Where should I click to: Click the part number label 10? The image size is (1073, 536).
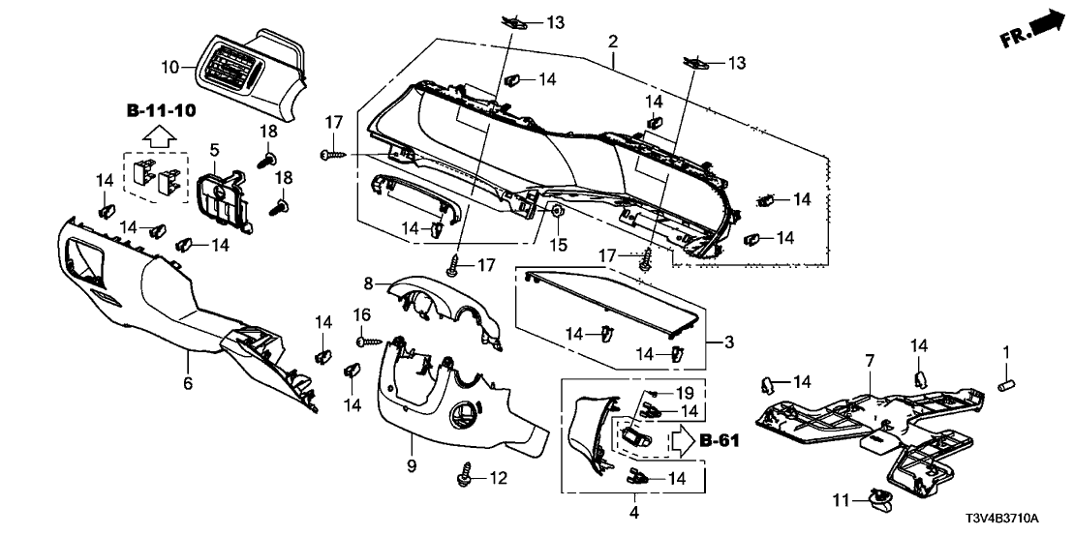tap(169, 67)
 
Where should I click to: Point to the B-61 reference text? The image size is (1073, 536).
tap(720, 441)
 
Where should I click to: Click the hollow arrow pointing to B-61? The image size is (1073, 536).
tap(683, 440)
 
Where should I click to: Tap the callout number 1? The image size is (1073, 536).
tap(1006, 349)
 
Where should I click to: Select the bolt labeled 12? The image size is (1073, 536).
tap(466, 477)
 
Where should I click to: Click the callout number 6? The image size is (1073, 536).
tap(189, 384)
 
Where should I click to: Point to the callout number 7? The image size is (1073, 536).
tap(869, 360)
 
